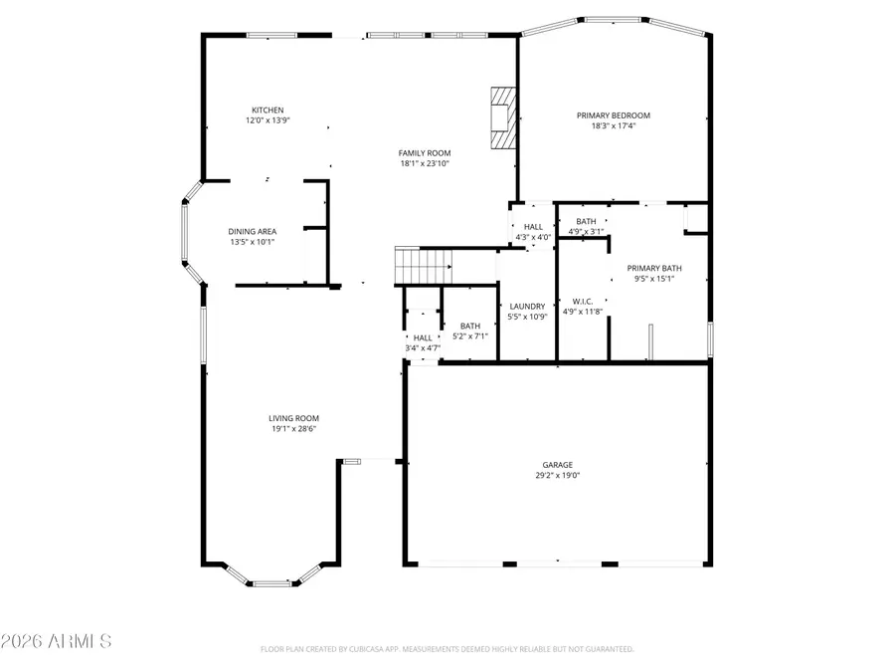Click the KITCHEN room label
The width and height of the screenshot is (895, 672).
pyautogui.click(x=268, y=110)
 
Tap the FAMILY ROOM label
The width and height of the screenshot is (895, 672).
pyautogui.click(x=425, y=153)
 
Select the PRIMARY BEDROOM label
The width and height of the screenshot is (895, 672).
pyautogui.click(x=614, y=115)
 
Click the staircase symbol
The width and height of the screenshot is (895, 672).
pyautogui.click(x=424, y=266)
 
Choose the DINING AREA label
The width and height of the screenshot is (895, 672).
pyautogui.click(x=253, y=231)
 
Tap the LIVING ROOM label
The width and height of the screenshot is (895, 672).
pyautogui.click(x=293, y=418)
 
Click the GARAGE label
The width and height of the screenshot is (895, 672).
pyautogui.click(x=557, y=465)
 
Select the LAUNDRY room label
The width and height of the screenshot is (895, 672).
pyautogui.click(x=527, y=306)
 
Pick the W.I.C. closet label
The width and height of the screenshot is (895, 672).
pyautogui.click(x=582, y=301)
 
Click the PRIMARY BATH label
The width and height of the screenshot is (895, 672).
pyautogui.click(x=653, y=268)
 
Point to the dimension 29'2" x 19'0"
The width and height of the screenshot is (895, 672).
pyautogui.click(x=557, y=476)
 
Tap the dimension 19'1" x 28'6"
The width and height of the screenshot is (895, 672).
pyautogui.click(x=293, y=429)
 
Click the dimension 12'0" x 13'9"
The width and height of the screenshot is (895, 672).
pyautogui.click(x=268, y=120)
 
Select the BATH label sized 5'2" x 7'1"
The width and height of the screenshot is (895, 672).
pyautogui.click(x=470, y=326)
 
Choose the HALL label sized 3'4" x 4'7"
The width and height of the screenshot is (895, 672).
pyautogui.click(x=424, y=337)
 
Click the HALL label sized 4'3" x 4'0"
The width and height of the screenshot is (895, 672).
pyautogui.click(x=533, y=227)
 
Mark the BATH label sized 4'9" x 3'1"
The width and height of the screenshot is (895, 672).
pyautogui.click(x=586, y=220)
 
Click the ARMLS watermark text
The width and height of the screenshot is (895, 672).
pyautogui.click(x=57, y=640)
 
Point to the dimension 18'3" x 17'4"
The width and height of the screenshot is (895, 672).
pyautogui.click(x=614, y=126)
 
